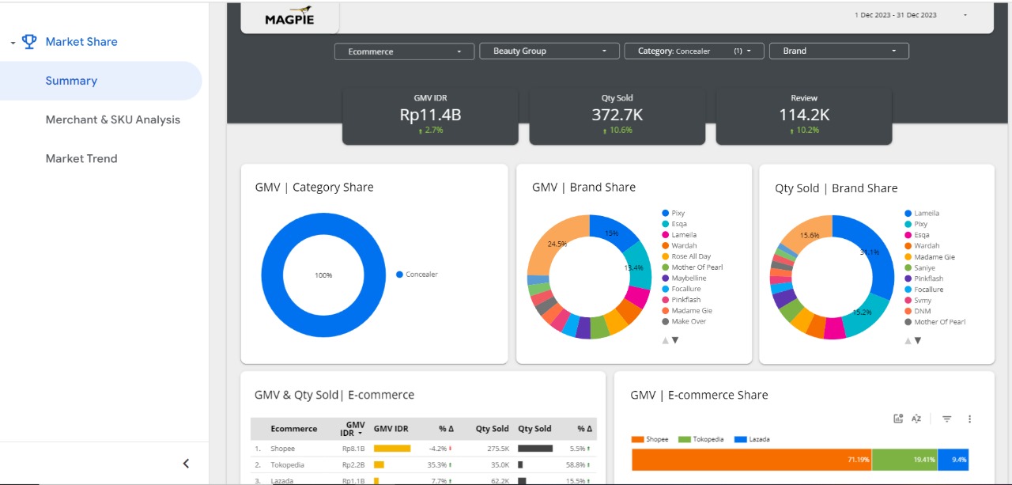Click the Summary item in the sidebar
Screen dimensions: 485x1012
pos(71,81)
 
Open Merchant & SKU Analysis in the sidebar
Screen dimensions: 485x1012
pos(112,119)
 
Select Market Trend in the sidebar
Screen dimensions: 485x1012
pos(81,158)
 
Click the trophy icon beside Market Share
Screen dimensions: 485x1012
pos(29,42)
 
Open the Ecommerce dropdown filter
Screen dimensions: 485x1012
pos(405,51)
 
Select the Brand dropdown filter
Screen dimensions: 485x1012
pos(838,51)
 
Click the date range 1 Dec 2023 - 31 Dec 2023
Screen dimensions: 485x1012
pos(896,15)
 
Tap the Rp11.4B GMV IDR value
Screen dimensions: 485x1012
pos(430,115)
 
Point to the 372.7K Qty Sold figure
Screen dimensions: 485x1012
pos(617,115)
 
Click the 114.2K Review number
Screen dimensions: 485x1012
pos(804,115)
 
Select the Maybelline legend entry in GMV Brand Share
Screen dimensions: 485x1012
pos(689,278)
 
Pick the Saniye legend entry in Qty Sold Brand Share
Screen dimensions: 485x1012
pos(924,268)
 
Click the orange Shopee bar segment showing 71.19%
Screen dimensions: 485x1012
pos(751,459)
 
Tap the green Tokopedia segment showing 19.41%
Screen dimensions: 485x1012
pos(904,459)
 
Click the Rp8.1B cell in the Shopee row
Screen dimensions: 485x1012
pos(353,449)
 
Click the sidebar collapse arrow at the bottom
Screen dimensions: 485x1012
pos(186,464)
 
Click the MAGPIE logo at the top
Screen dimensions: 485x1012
pos(289,17)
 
